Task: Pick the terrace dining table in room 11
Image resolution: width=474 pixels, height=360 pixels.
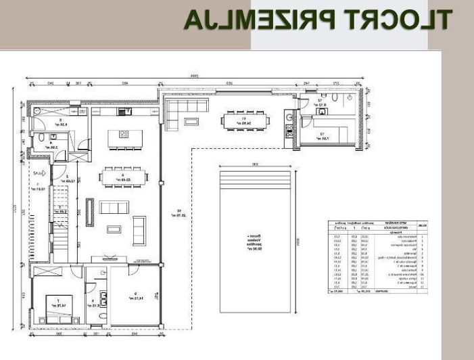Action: (244, 122)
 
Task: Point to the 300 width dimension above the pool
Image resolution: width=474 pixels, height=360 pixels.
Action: (254, 164)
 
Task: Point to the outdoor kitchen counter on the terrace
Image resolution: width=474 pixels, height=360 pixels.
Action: (289, 124)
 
